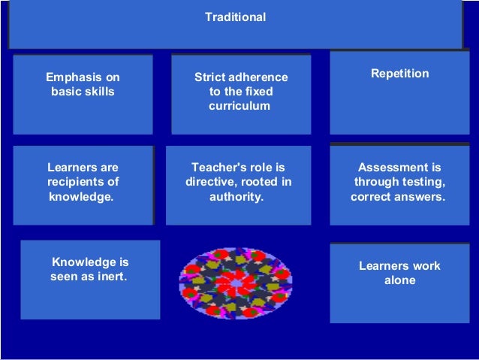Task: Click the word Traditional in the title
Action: pos(235,17)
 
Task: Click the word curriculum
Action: pos(239,107)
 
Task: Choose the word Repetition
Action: pos(400,74)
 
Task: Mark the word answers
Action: pos(421,197)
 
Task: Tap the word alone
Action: pos(399,280)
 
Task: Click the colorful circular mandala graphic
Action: pos(235,281)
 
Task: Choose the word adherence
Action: pos(260,77)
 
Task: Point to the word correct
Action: pos(373,197)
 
